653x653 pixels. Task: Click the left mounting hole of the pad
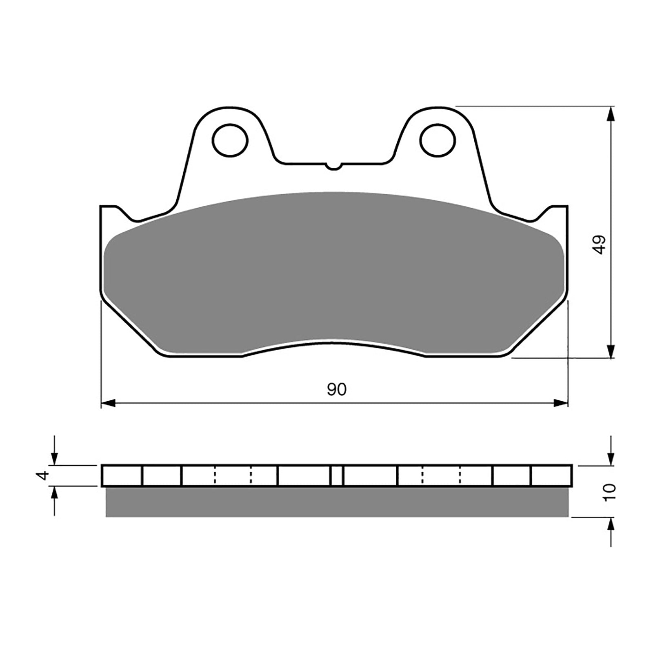point(231,140)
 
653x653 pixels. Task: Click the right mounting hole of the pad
point(437,140)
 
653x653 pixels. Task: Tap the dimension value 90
point(336,390)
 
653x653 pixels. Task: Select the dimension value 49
point(599,245)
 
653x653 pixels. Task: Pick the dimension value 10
point(611,492)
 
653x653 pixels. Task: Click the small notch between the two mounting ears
point(333,166)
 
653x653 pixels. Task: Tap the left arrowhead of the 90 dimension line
point(107,403)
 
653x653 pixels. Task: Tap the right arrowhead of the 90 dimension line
point(562,403)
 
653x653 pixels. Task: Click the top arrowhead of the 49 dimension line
point(611,114)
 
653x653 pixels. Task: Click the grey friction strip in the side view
point(336,502)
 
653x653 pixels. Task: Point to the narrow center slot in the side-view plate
point(336,476)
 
